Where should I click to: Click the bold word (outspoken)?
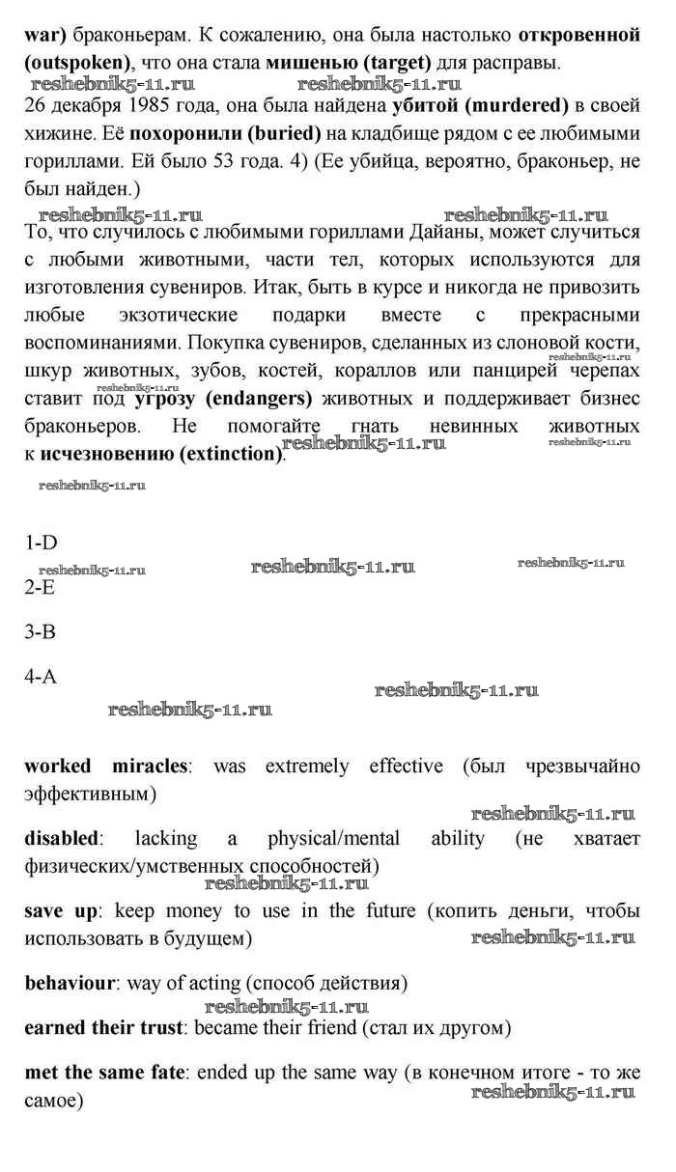(76, 63)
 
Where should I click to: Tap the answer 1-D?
(42, 544)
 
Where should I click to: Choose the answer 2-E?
(41, 587)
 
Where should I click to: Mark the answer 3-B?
(41, 632)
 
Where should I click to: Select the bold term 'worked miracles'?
(105, 767)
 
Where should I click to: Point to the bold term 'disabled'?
(61, 838)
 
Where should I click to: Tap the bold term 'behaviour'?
(70, 984)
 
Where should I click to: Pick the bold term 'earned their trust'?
(103, 1027)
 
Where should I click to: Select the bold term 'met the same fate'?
(108, 1072)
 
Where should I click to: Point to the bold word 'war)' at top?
(44, 36)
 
